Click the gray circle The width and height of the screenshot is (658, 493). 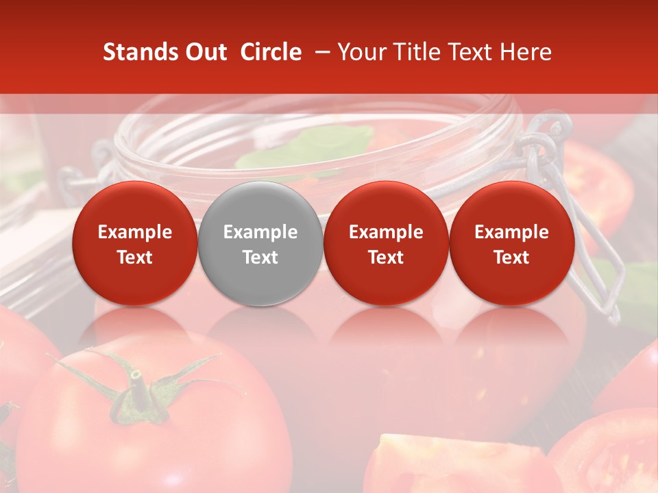pos(260,243)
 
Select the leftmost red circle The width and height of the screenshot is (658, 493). pos(134,243)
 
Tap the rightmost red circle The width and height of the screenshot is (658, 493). pos(511,243)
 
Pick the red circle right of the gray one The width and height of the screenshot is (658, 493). pos(386,243)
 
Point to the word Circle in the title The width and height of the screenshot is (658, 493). pos(271,52)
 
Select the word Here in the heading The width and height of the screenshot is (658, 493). pos(528,52)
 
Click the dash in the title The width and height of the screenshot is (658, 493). pos(319,52)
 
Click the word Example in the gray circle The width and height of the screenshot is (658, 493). pos(260,232)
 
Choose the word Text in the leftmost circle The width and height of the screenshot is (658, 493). pos(134,257)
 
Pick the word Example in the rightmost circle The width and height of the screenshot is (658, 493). pos(511,232)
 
